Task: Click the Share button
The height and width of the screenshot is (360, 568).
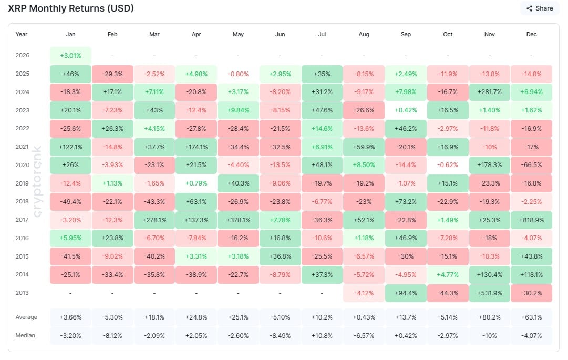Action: [540, 8]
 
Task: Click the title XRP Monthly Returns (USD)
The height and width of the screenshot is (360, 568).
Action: [71, 8]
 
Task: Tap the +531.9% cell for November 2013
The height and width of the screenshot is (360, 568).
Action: [489, 293]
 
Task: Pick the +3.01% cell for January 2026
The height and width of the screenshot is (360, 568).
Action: [70, 55]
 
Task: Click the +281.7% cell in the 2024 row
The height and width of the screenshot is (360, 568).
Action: [489, 92]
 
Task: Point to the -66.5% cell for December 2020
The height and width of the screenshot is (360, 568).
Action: [531, 165]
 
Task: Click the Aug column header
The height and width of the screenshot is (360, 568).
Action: [364, 35]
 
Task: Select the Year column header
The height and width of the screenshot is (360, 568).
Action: [22, 35]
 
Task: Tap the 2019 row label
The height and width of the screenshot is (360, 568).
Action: [22, 183]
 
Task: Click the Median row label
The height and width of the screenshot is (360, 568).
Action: [26, 335]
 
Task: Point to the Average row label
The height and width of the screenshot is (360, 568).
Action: [26, 317]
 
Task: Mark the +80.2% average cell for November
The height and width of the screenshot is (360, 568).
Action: [489, 317]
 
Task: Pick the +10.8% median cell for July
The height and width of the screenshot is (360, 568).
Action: [322, 335]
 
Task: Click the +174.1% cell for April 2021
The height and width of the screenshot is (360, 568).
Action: [196, 147]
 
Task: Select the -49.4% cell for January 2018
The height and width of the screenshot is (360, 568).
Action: [70, 202]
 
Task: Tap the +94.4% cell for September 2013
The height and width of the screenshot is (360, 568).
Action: [406, 293]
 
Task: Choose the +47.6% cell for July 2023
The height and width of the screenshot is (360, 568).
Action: [322, 110]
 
